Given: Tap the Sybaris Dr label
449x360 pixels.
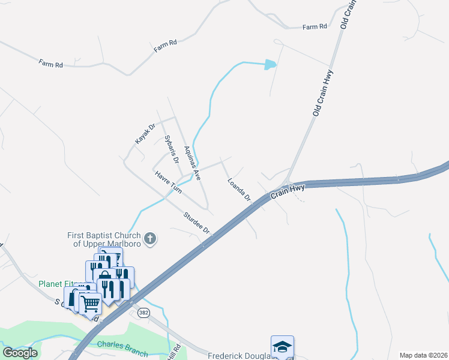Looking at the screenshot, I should [172, 149].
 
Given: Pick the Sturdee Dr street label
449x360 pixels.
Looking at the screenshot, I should [197, 223].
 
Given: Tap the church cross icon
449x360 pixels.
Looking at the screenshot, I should [150, 239].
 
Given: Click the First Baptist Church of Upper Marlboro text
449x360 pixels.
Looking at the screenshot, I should [104, 239].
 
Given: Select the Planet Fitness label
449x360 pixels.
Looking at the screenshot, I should [55, 284].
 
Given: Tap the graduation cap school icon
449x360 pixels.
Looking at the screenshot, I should [282, 346].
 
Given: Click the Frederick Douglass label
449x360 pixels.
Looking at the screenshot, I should [239, 356].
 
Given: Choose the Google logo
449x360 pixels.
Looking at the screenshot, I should [20, 353].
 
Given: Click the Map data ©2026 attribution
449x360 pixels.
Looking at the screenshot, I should [423, 355].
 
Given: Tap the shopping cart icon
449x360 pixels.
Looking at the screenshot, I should [90, 304].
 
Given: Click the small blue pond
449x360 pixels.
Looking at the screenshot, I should [271, 64].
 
